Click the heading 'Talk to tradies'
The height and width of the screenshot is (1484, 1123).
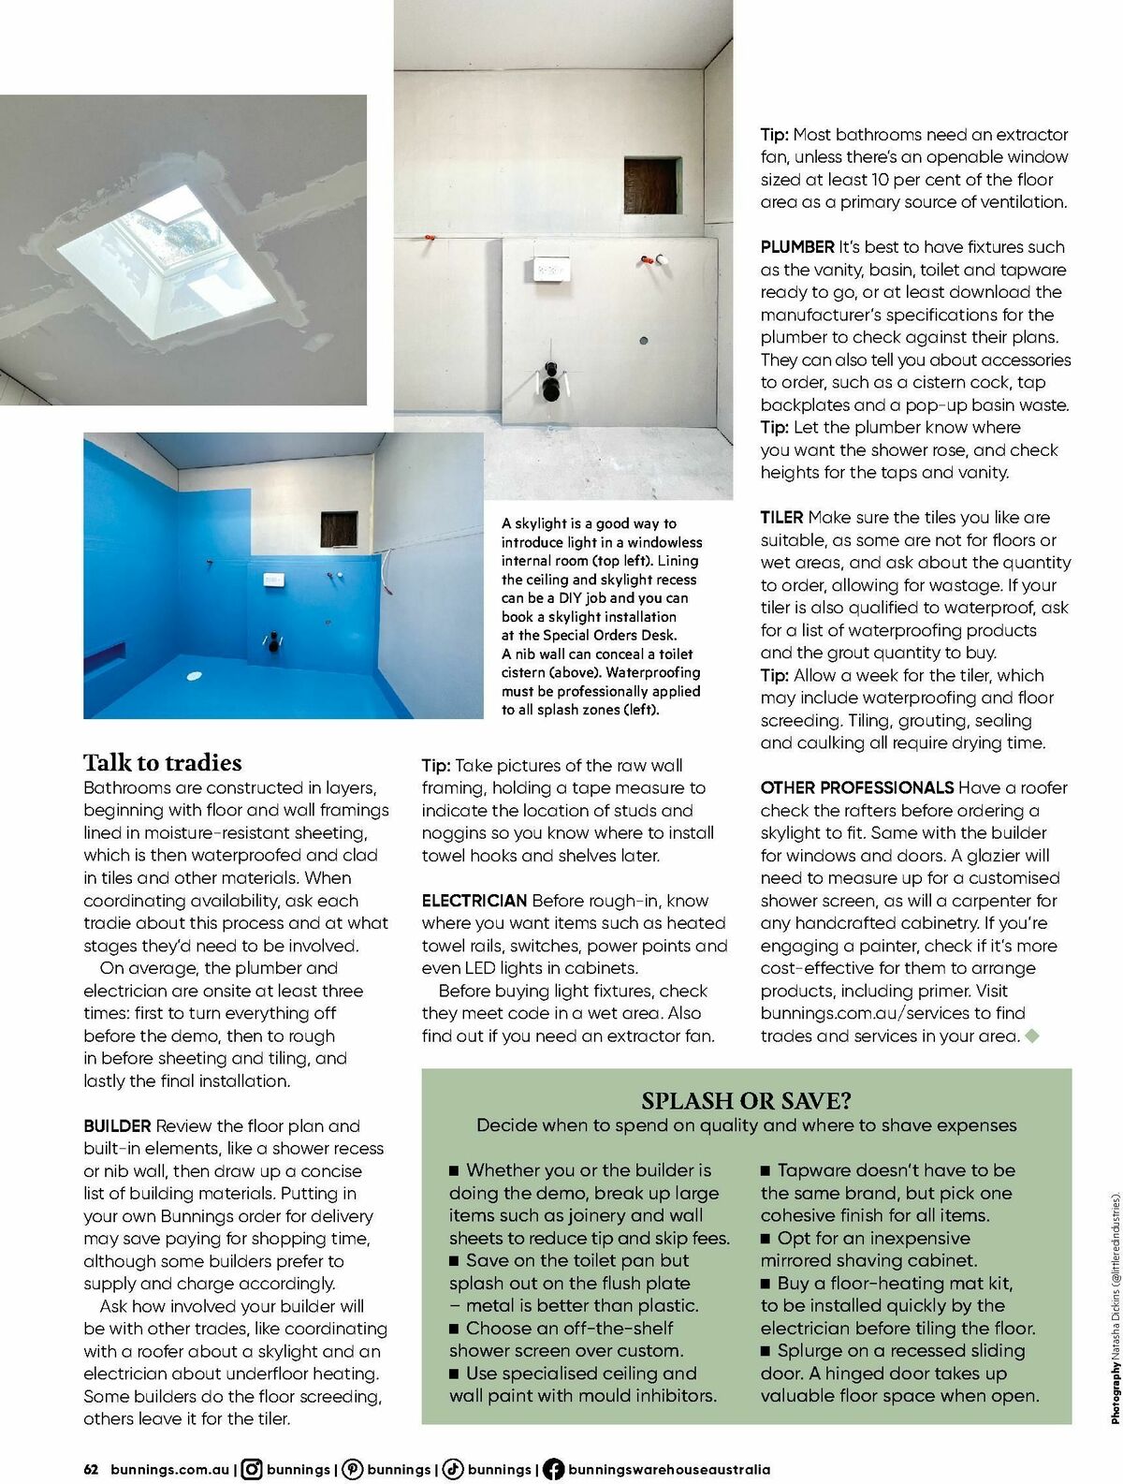tap(162, 762)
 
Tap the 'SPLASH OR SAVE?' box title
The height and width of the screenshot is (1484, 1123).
tap(746, 1101)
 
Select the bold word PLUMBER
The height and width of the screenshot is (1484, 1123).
tap(796, 247)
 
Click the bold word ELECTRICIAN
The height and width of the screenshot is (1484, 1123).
tap(474, 901)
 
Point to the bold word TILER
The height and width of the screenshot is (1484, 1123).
tap(781, 517)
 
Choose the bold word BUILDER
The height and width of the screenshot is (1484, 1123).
tap(117, 1125)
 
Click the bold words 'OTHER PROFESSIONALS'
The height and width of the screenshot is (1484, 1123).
tap(856, 787)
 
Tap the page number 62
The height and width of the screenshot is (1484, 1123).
tap(91, 1469)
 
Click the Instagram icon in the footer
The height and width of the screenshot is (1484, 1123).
tap(252, 1469)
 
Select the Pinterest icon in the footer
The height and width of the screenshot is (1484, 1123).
tap(353, 1469)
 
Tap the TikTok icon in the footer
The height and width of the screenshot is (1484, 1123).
tap(453, 1469)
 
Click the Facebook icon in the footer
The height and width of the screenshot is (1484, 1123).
tap(553, 1469)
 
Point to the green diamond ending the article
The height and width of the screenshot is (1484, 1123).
tap(1032, 1036)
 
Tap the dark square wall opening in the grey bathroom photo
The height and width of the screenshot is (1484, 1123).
tap(652, 185)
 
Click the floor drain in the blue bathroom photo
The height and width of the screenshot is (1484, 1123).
tap(194, 675)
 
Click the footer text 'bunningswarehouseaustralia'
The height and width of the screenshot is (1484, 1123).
tap(668, 1469)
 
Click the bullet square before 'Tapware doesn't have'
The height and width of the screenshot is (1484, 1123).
tap(766, 1170)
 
